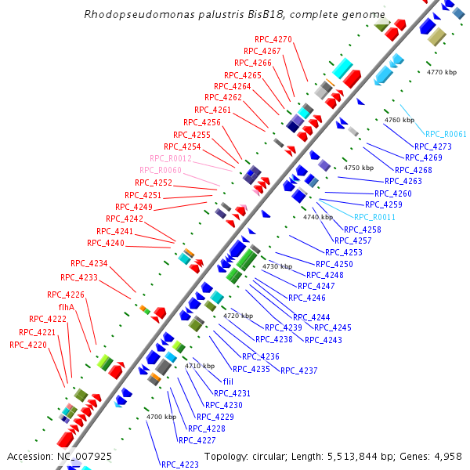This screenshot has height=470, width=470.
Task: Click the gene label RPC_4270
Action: pos(273,39)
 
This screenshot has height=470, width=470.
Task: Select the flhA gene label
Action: pos(67,307)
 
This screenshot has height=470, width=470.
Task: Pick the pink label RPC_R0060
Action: pos(160,170)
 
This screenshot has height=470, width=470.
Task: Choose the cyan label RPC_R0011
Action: pos(374,217)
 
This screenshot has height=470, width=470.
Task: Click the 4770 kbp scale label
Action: pos(441,72)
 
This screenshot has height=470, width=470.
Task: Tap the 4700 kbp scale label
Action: pos(161,417)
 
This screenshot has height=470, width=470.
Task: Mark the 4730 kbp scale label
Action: pos(277,266)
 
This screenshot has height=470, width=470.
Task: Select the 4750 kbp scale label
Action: pos(359,168)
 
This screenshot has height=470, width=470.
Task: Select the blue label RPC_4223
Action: pos(180,465)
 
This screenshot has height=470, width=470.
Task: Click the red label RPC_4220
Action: pos(27,345)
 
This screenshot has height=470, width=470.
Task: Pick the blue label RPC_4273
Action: pos(433,146)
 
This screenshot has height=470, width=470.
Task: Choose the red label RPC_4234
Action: pos(89,263)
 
